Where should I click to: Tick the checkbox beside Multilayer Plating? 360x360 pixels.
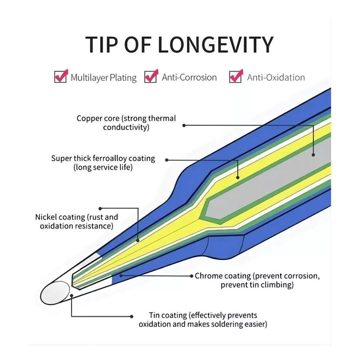click(x=60, y=77)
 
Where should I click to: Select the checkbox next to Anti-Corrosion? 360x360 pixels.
click(x=151, y=77)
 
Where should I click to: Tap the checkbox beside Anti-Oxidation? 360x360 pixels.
click(x=235, y=77)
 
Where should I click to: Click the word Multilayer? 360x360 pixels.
click(x=89, y=78)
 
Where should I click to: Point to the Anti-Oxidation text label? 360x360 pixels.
click(x=276, y=77)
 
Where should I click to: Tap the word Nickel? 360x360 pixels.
click(x=46, y=217)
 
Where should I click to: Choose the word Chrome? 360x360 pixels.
click(x=208, y=276)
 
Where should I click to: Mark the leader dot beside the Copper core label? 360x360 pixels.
click(x=184, y=125)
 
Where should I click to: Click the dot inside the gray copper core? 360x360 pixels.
click(x=313, y=155)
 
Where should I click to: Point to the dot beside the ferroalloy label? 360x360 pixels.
click(x=167, y=160)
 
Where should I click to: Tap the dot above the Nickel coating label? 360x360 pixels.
click(x=100, y=208)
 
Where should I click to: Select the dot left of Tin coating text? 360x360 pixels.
click(x=132, y=316)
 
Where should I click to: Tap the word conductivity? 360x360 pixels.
click(x=126, y=127)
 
